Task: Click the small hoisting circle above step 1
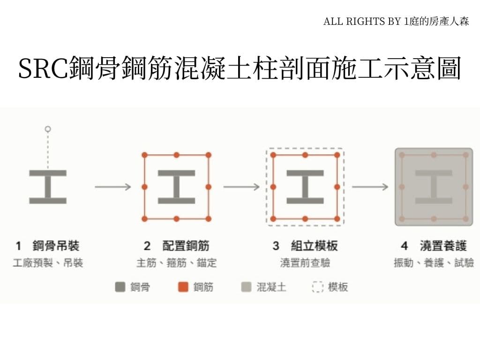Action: click(x=48, y=129)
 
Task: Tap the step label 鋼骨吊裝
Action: click(x=56, y=246)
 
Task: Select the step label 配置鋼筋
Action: click(x=186, y=246)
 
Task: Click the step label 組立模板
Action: click(x=315, y=246)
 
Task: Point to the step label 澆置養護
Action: click(x=443, y=246)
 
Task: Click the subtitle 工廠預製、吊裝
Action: click(x=48, y=262)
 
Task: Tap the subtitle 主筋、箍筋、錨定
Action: click(x=177, y=262)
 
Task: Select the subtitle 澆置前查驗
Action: click(x=305, y=262)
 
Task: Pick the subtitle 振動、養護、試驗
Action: click(x=434, y=262)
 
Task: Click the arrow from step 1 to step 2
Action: click(x=113, y=187)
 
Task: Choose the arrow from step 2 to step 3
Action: click(x=241, y=187)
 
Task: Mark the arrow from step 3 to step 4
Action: click(x=370, y=187)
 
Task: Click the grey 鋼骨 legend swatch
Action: click(x=120, y=287)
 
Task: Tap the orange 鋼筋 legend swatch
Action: click(x=183, y=287)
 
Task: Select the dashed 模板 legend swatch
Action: click(x=317, y=287)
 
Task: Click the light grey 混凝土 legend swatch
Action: click(x=246, y=287)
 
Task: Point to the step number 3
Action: click(x=276, y=246)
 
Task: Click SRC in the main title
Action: click(x=43, y=68)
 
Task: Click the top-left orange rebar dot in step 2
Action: click(x=145, y=155)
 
